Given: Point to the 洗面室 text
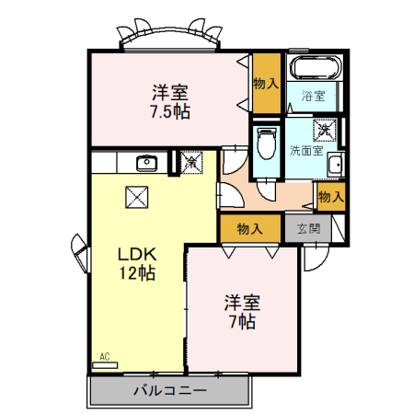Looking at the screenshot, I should pos(305,150).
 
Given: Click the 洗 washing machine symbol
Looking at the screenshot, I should pos(326,130).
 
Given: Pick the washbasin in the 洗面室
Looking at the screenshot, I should pos(336,166).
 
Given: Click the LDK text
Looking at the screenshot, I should pos(137,254).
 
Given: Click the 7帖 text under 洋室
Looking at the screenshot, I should pos(243,321).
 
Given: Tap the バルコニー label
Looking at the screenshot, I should pos(169,390).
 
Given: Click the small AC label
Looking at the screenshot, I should pos(104,356).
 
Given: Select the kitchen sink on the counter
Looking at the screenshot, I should pos(145,164).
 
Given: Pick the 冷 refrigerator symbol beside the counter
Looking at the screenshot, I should pos(191,162).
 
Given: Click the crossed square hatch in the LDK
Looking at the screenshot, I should pos(137,196).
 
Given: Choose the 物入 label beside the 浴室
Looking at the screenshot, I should pos(265,84).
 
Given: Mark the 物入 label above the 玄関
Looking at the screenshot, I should pos(330,196).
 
